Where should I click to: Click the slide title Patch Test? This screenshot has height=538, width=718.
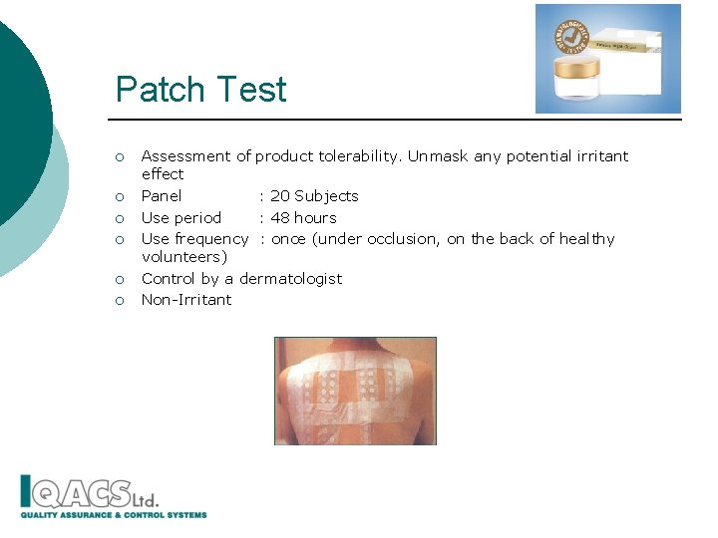pos(200,90)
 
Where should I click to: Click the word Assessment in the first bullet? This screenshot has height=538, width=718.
pos(186,156)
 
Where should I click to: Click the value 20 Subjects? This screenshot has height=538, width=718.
pos(314,196)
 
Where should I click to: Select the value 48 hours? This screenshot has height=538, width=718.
pos(303,218)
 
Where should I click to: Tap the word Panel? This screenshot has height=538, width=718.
pos(162,196)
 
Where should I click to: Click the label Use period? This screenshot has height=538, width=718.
pos(181,218)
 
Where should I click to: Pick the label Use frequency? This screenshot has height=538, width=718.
pos(194,239)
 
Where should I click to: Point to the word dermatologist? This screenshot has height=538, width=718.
pos(290,279)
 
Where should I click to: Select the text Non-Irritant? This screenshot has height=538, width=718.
pos(186,300)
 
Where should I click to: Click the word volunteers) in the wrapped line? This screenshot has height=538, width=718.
pos(184,257)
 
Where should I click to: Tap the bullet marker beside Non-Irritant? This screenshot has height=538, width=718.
pos(119,301)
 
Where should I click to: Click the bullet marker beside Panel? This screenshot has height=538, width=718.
pos(119,197)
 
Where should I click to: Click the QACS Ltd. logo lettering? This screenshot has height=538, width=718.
pos(90,493)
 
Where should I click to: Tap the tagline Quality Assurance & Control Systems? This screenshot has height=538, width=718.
pos(114,515)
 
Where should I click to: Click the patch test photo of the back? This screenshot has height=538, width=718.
pos(355,391)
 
